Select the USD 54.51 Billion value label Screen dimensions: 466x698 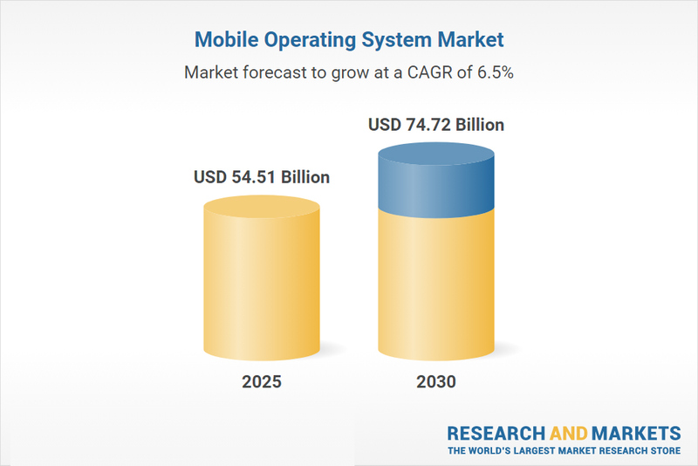point(262,178)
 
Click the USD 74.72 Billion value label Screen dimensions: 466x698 point(436,126)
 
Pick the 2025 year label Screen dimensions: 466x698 point(262,382)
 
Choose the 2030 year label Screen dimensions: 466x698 point(436,382)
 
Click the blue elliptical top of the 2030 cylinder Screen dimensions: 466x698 point(436,157)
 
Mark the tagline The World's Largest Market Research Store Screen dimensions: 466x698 point(564,451)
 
